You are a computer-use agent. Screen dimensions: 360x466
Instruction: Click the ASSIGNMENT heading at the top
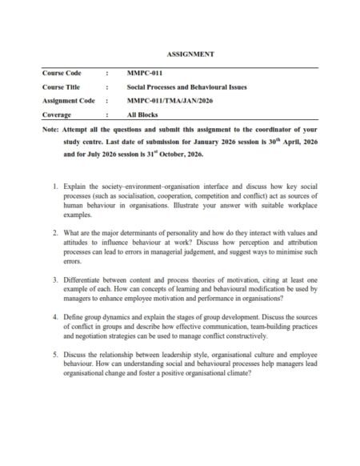[x=179, y=54]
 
